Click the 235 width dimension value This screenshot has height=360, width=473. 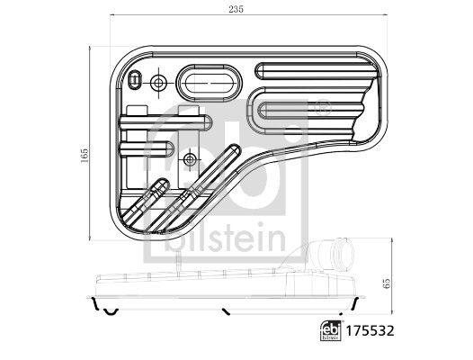click(x=236, y=9)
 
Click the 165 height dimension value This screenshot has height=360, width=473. click(x=85, y=156)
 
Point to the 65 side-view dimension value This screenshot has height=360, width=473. click(x=388, y=283)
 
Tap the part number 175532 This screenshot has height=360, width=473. click(x=370, y=331)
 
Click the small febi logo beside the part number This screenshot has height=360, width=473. click(x=331, y=331)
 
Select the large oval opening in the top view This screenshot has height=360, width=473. click(x=209, y=83)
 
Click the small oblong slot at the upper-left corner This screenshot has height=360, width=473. click(x=134, y=80)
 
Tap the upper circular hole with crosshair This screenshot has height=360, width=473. click(x=158, y=83)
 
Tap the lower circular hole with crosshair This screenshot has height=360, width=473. click(x=190, y=160)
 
